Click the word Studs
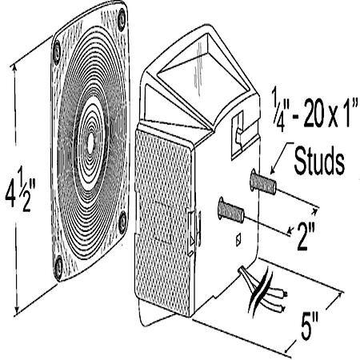pos(319,162)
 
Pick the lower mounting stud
pos(231,210)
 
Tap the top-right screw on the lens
pos(122,19)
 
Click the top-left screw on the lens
pos(57,52)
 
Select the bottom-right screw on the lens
pos(122,222)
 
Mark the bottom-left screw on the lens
pos(58,266)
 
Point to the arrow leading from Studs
pos(281,158)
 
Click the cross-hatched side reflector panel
pos(163,222)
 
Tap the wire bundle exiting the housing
pos(263,290)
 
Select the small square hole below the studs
pos(239,238)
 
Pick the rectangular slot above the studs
pos(238,134)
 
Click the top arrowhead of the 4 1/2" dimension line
pos(14,67)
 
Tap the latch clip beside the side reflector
pos(194,228)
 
